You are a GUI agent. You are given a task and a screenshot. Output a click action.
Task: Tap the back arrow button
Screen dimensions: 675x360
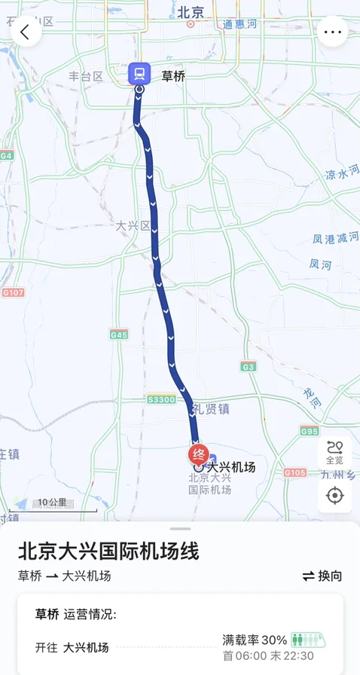(x=26, y=32)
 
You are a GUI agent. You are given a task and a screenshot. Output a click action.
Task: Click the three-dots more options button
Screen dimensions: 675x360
(x=333, y=32)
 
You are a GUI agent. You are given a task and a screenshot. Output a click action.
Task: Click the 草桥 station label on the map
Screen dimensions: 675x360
(x=173, y=75)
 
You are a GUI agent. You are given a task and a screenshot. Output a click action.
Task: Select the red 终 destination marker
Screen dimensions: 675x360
(x=199, y=454)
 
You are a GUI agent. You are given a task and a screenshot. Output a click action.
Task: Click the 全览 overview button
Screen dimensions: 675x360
(x=334, y=453)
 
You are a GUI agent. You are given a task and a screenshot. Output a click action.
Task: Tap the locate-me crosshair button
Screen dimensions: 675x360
(x=334, y=495)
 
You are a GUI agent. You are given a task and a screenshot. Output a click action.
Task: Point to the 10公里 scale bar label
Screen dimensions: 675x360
(x=53, y=502)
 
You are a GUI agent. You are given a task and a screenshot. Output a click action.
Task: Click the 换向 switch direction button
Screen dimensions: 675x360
(x=322, y=576)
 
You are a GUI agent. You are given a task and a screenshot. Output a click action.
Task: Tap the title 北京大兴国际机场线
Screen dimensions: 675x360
(x=108, y=551)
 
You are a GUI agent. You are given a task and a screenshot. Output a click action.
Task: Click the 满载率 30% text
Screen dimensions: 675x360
(x=255, y=640)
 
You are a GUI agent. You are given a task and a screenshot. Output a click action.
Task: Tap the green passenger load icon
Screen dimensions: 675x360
(x=308, y=640)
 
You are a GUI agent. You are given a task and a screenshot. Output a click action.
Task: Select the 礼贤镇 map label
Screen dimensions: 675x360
(x=210, y=409)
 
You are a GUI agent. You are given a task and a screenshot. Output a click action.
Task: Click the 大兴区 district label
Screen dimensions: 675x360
(x=133, y=225)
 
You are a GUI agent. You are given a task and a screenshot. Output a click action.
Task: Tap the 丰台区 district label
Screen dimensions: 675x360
(x=85, y=76)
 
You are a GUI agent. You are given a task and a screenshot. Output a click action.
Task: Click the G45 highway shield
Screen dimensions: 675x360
(x=118, y=334)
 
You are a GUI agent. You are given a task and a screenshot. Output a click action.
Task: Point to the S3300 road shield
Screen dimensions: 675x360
(x=161, y=399)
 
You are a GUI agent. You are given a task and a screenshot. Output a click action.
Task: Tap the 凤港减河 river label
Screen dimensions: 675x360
(x=336, y=239)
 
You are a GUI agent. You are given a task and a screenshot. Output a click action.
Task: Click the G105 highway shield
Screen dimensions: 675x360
(x=296, y=472)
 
